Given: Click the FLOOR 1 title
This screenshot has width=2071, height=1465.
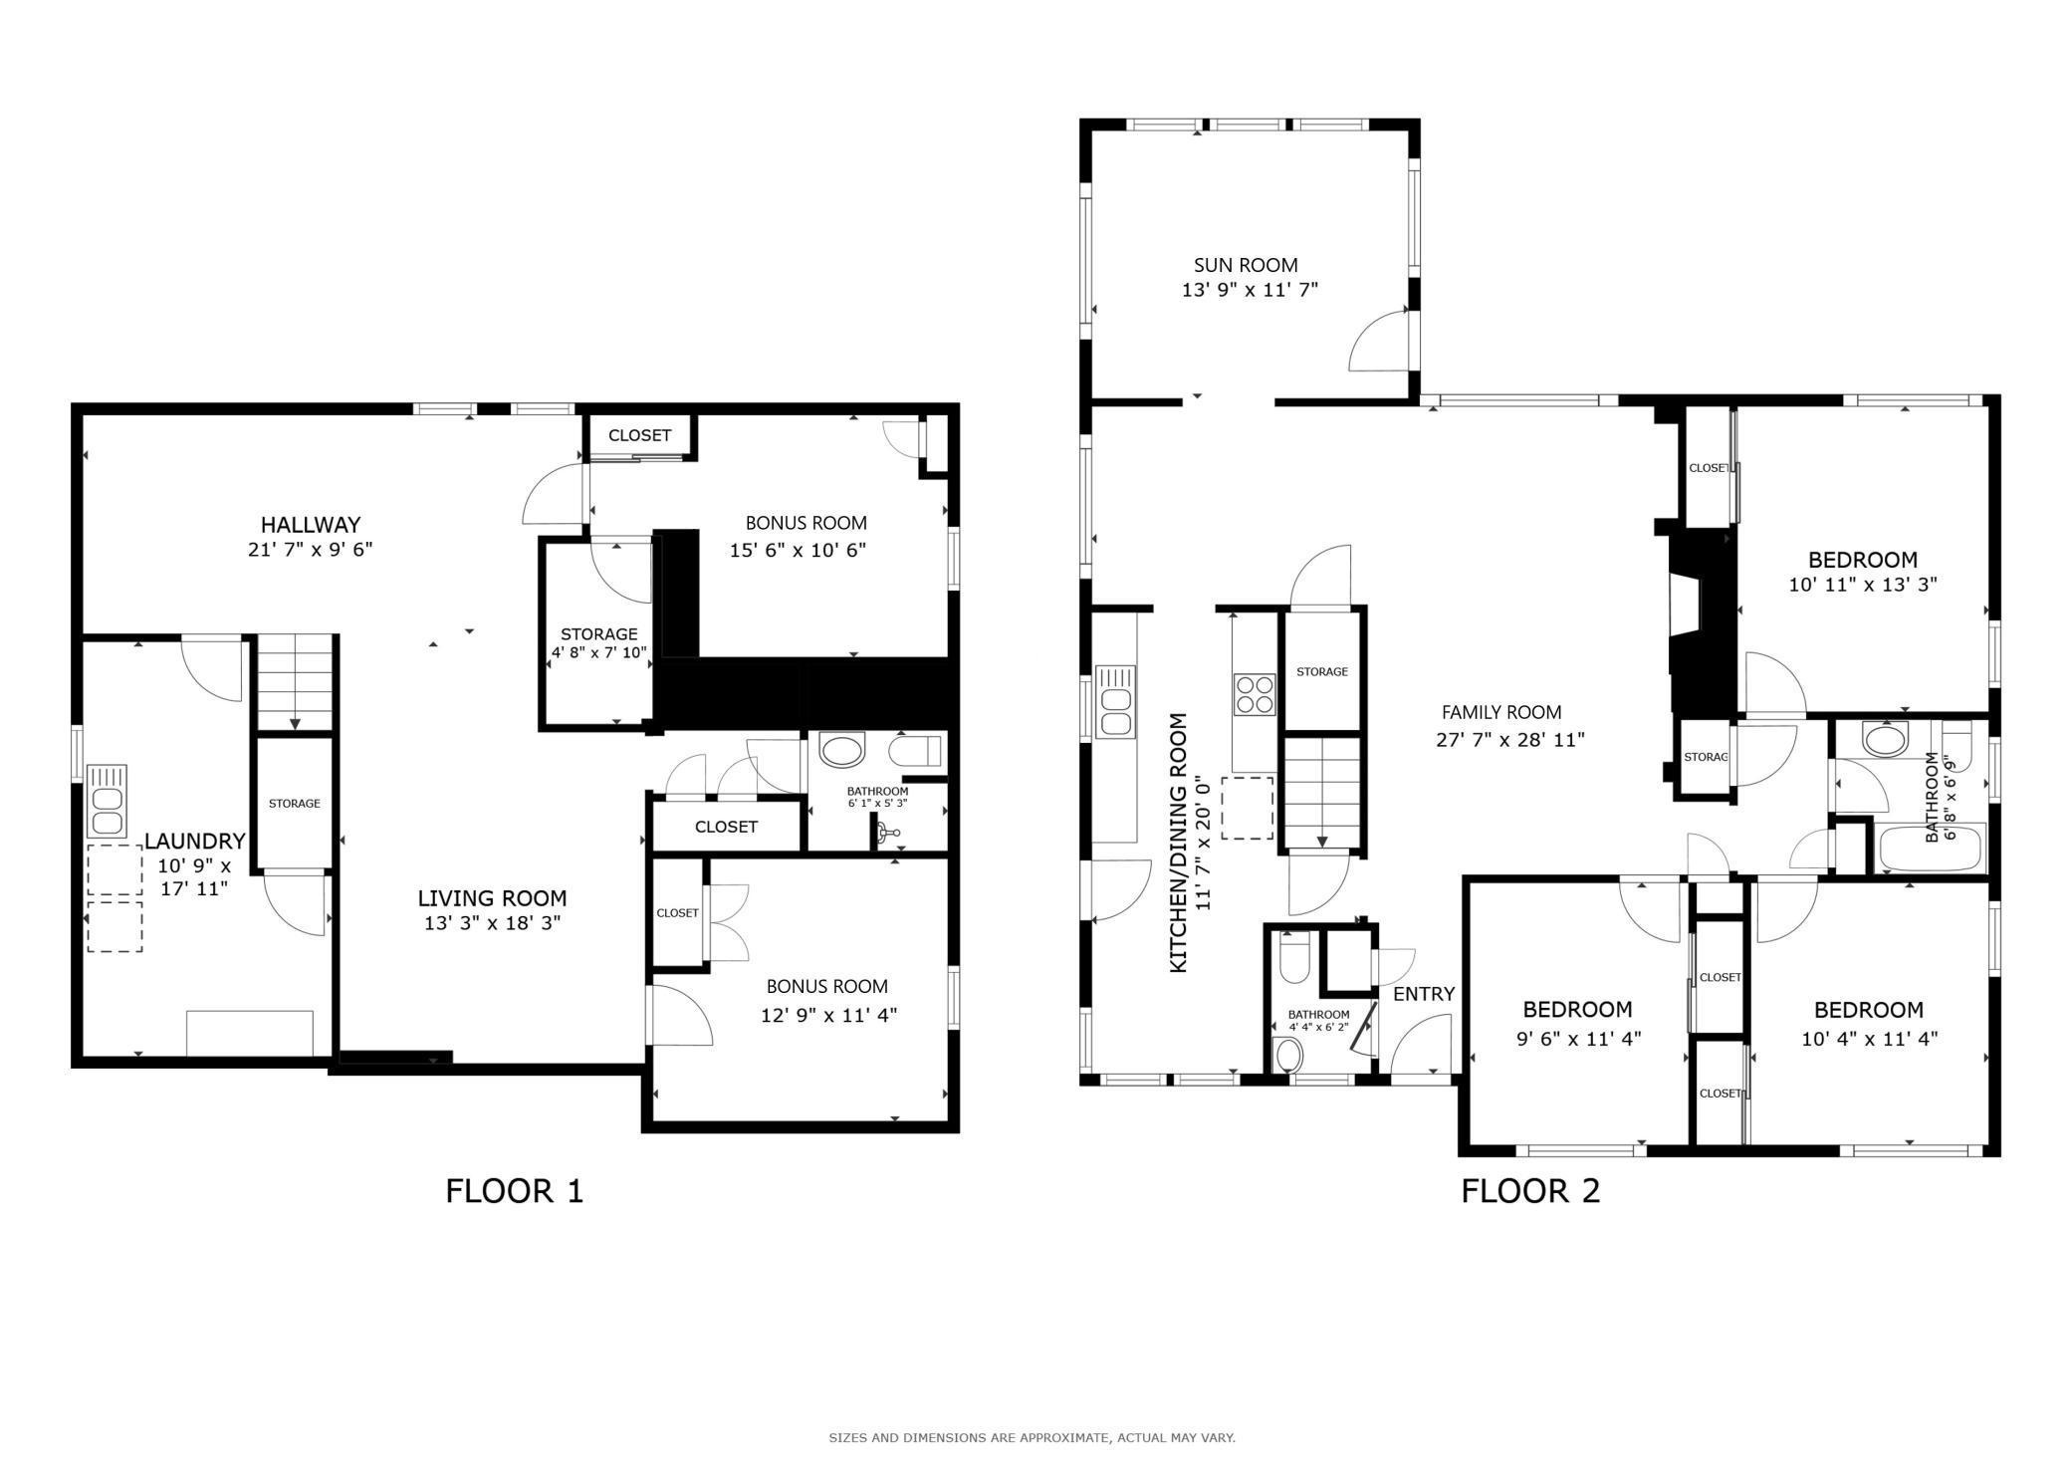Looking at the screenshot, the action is pos(514,1191).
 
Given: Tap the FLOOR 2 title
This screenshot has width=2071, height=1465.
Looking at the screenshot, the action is pos(1530,1191).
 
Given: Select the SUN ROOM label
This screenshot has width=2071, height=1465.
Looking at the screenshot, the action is pos(1246,265).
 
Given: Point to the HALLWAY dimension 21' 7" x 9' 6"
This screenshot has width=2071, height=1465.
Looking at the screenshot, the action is pos(310,550).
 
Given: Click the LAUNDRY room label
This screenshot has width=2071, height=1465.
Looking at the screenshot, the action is pos(194,841).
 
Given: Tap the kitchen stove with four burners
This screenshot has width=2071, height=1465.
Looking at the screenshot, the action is pos(1255,694).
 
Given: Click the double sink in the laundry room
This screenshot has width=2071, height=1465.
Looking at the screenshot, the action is pos(107,800).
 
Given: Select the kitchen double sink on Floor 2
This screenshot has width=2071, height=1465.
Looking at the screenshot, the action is pos(1115,701).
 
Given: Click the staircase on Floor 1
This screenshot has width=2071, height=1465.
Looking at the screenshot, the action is pos(295,683).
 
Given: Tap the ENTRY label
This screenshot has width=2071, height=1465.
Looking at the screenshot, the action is pos(1424,994).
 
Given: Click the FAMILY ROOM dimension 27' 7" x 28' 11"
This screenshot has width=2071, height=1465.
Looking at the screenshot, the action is pos(1509,740).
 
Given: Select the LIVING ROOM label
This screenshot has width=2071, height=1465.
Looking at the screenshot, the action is pos(492,898).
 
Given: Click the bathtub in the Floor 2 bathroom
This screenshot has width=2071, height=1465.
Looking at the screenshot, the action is pos(1931,848).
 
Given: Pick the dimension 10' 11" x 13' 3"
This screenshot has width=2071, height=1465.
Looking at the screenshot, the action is pos(1862,585).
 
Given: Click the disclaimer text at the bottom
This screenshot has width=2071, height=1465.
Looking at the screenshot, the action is pos(1032,1437).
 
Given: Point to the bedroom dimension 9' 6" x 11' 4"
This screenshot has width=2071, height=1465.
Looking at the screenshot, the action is pos(1578,1039).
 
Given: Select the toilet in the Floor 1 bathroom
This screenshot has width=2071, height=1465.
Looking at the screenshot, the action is pos(915,750).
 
